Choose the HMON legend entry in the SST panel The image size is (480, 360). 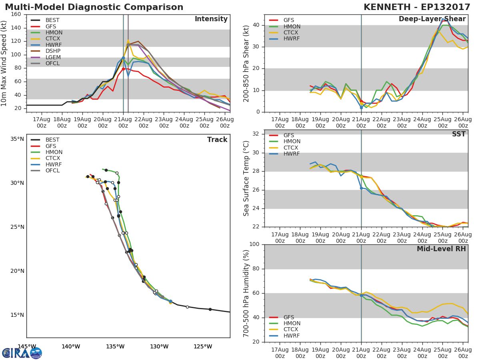tap(292, 142)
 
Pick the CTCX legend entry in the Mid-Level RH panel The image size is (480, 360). tap(292, 330)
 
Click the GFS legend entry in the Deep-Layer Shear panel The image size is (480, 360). tap(288, 20)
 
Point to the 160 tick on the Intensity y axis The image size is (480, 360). tap(16, 14)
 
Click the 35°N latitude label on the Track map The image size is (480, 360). tap(17, 139)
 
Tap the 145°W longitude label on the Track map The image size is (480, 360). tap(27, 346)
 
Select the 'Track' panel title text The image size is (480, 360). tap(217, 140)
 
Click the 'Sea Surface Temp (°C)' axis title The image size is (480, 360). tap(246, 178)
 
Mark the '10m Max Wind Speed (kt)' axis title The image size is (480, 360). tap(4, 63)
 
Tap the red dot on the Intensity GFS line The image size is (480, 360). tap(123, 69)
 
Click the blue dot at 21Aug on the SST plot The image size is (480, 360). tap(361, 188)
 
